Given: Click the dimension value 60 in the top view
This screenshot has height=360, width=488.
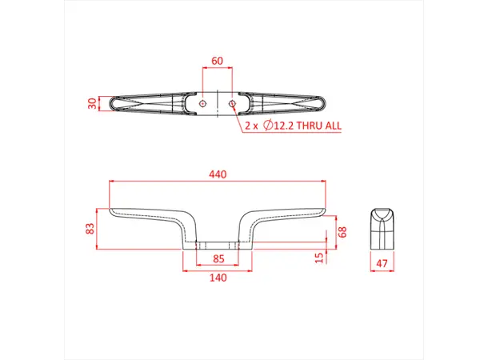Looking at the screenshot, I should [x=217, y=61].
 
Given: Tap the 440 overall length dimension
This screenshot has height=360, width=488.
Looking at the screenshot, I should [x=218, y=174].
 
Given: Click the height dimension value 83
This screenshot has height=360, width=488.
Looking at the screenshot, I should [x=90, y=228].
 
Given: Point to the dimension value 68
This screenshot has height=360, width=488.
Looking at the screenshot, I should [x=342, y=232].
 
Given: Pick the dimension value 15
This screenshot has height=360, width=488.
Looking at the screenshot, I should [x=320, y=257].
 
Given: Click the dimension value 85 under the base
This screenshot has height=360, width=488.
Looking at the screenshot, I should [x=218, y=258].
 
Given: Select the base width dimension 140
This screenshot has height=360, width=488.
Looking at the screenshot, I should [x=218, y=278].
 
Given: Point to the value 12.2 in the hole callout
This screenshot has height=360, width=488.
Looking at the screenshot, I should [x=283, y=126].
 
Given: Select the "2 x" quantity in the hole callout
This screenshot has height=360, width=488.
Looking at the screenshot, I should [x=250, y=126].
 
